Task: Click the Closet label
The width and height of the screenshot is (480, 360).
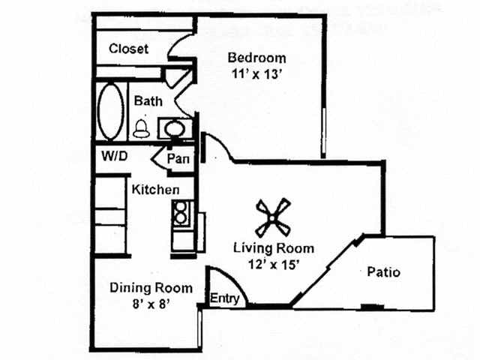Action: click(128, 49)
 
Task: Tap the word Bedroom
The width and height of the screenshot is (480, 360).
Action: click(256, 58)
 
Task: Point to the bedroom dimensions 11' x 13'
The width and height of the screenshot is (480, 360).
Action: click(256, 74)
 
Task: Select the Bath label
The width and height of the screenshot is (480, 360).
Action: click(148, 100)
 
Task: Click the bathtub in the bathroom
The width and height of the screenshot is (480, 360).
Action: click(111, 112)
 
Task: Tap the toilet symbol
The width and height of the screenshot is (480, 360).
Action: click(140, 128)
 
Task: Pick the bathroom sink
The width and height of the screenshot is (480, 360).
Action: click(173, 128)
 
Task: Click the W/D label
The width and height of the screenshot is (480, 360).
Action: click(115, 157)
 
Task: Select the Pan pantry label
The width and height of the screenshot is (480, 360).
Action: click(178, 158)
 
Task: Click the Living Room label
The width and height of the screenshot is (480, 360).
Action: click(273, 248)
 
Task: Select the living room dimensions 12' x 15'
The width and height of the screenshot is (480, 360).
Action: click(273, 263)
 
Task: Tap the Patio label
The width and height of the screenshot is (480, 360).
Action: click(383, 271)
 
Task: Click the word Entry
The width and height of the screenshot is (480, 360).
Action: click(225, 298)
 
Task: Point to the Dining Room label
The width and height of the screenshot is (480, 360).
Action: click(151, 287)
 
